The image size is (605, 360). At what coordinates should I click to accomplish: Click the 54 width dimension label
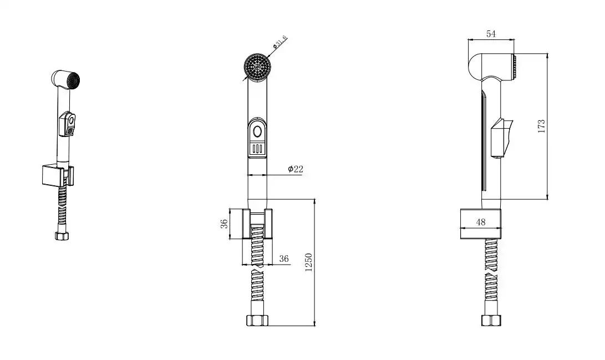pos(491,34)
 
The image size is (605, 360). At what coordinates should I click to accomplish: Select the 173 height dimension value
pos(541,126)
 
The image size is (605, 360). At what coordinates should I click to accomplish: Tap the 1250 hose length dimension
pos(308,262)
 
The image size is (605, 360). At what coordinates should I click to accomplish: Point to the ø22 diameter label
pos(296,169)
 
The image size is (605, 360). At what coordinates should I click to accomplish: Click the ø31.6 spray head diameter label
pos(279,42)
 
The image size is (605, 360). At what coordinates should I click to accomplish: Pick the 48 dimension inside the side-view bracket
pos(481,222)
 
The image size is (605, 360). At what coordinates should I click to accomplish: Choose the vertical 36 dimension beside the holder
pos(224,224)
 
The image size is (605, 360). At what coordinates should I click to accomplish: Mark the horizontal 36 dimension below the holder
pos(284,258)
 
